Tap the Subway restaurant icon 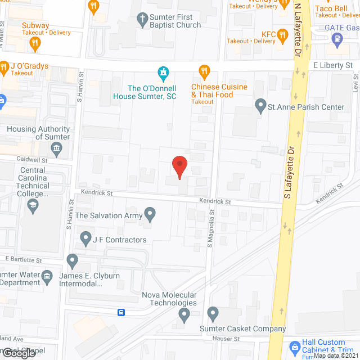click(35, 42)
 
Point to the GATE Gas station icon click(337, 39)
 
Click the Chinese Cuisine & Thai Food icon click(204, 71)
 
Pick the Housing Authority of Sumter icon click(56, 148)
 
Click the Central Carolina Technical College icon click(33, 205)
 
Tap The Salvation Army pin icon click(150, 214)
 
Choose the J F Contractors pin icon click(85, 238)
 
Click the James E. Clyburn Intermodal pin click(72, 260)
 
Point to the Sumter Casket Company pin click(213, 313)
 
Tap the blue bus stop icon click(121, 312)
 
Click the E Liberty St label click(332, 65)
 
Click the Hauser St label click(226, 339)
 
